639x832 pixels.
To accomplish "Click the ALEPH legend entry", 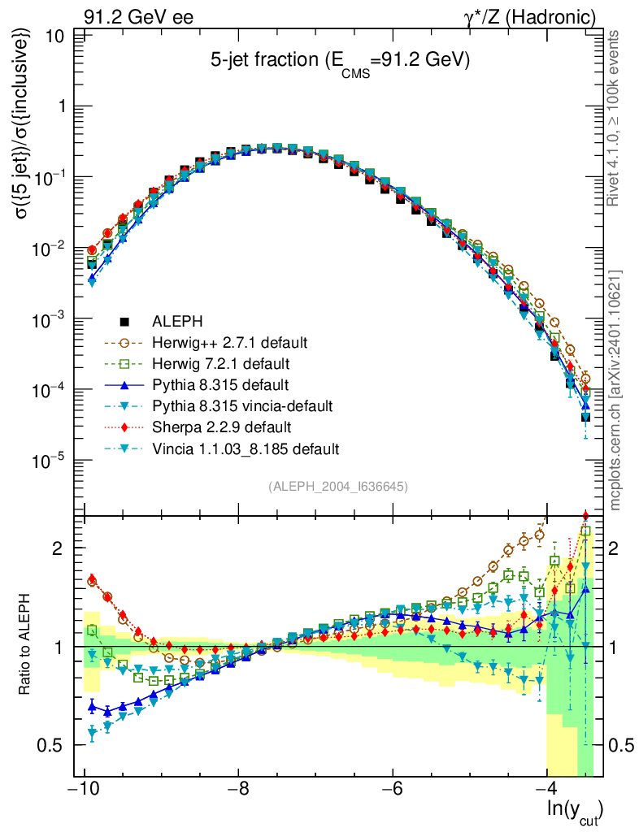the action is coord(177,322).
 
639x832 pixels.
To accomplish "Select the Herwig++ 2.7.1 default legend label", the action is coord(229,343).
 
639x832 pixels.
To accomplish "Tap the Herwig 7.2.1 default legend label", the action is coord(221,364).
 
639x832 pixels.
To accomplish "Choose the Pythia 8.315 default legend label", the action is coord(220,384).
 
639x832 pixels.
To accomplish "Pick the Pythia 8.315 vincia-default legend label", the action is coord(242,406).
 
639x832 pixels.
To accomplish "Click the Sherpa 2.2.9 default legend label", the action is coord(221,427).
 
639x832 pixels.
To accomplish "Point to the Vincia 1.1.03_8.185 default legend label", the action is coord(246,448).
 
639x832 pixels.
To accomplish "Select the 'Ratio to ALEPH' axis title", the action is coord(24,644).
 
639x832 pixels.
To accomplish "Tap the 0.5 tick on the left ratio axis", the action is coord(51,746).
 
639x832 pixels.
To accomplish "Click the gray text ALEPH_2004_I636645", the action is coord(338,487).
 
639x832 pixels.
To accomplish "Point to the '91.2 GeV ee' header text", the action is coord(138,17).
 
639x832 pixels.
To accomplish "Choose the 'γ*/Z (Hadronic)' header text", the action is coord(530,17).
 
